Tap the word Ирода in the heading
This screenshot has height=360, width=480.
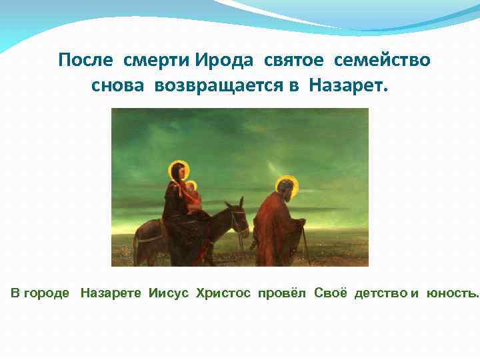(224, 61)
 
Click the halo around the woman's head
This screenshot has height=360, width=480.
(178, 169)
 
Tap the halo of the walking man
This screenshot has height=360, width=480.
(287, 185)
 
